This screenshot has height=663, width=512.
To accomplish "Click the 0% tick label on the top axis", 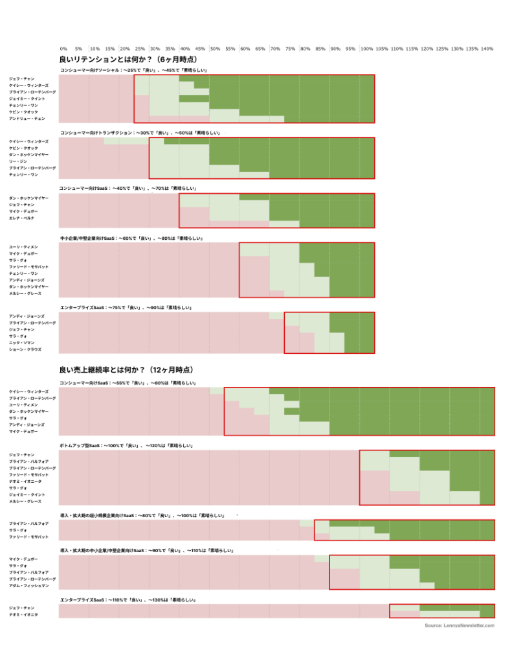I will click(x=63, y=49).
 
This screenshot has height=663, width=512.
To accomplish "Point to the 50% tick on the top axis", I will click(x=215, y=49).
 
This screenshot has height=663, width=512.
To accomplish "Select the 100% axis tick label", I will click(x=366, y=49).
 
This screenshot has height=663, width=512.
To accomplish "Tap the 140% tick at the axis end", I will click(x=487, y=49).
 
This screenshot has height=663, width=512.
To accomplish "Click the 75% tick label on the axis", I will click(x=290, y=49).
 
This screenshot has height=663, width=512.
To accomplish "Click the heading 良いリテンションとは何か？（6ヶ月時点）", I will click(x=119, y=59).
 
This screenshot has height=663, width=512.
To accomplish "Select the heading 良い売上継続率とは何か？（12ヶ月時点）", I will click(x=127, y=370).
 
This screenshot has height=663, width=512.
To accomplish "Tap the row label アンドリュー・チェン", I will click(x=27, y=119).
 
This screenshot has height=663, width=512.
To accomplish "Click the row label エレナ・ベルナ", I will click(x=21, y=218).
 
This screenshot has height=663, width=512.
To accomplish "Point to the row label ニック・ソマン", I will click(x=22, y=342).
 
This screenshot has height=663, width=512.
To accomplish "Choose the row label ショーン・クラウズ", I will click(x=25, y=349).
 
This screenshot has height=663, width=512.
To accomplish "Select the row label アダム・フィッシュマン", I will click(x=28, y=585).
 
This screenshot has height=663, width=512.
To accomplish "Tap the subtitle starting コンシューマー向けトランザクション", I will click(x=140, y=133).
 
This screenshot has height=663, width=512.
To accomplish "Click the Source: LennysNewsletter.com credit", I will click(x=460, y=625).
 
